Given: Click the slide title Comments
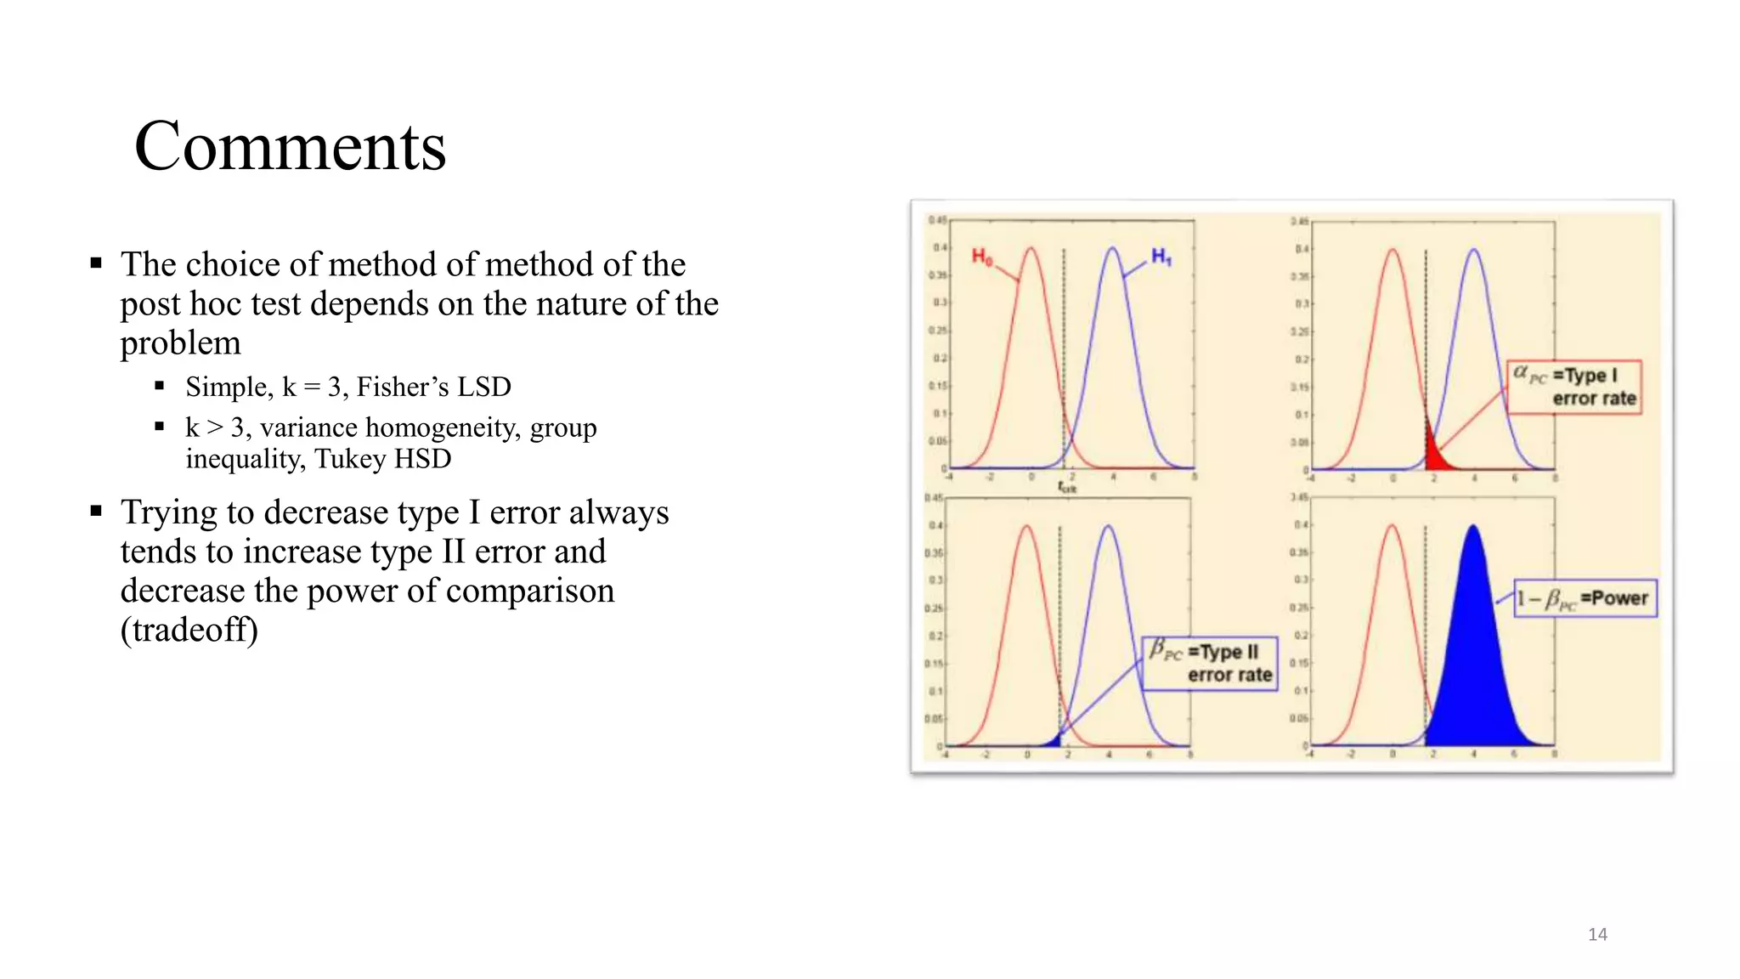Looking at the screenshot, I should [290, 146].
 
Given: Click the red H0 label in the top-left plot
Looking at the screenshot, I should [982, 257].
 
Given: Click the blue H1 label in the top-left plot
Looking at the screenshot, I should [1161, 257].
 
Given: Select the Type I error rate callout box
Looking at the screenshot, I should [1575, 388].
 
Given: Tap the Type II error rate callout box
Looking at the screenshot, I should [1210, 664].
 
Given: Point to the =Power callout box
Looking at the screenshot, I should [1585, 598].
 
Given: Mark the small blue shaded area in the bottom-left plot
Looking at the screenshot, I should [1056, 740].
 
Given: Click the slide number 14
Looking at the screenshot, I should [1597, 935].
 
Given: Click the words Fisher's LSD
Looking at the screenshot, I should [433, 388].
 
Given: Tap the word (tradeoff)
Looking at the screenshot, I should [189, 631].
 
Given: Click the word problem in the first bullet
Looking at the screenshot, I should [180, 343].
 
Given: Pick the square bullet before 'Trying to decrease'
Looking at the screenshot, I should [96, 511].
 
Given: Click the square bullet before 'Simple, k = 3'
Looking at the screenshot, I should [159, 386].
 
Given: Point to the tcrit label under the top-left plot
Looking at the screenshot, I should [1067, 487].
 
